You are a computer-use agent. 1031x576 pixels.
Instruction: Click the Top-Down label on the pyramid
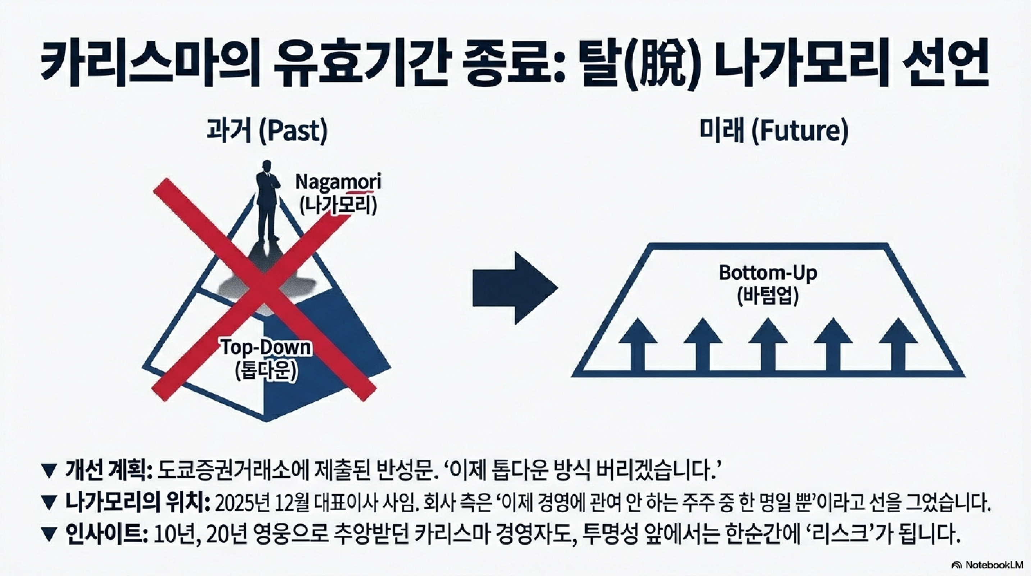point(266,347)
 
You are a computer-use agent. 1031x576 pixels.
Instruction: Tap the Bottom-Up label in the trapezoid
point(768,273)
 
